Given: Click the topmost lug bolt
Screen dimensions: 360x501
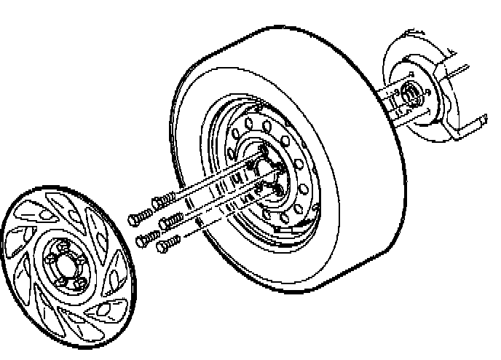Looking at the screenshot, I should (165, 197).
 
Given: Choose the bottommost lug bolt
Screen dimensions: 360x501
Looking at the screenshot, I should (168, 242).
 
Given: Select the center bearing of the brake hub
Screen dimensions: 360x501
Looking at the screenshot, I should (409, 94).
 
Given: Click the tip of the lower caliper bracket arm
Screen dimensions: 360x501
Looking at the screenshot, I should (482, 120).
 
